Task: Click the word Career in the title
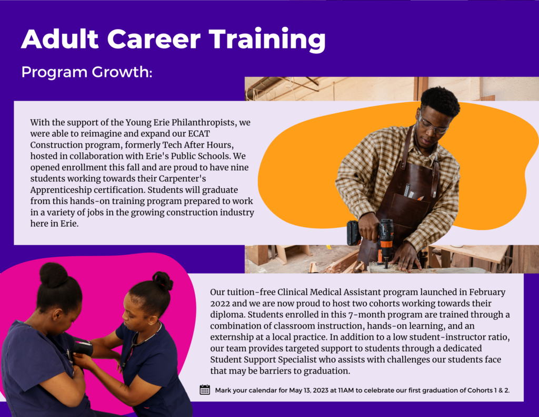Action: pyautogui.click(x=154, y=39)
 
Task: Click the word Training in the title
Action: pyautogui.click(x=267, y=40)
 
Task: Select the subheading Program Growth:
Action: pyautogui.click(x=87, y=72)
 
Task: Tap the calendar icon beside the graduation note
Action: pyautogui.click(x=205, y=390)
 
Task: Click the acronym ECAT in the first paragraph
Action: pyautogui.click(x=198, y=133)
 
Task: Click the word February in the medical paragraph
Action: pyautogui.click(x=487, y=293)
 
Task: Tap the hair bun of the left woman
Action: pyautogui.click(x=54, y=275)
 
